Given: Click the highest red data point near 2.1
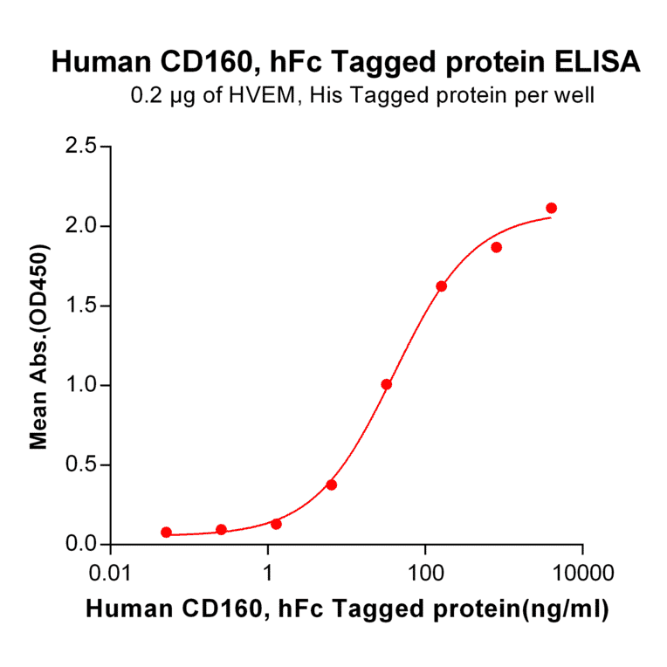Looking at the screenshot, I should point(551,208).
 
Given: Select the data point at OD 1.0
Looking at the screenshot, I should point(386,384).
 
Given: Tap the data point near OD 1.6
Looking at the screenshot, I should point(441,286).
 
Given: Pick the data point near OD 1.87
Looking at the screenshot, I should point(496,247).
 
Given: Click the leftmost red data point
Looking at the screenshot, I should point(166,532).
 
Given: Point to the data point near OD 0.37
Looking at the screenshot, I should point(331,485).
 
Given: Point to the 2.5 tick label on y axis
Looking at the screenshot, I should point(81,147).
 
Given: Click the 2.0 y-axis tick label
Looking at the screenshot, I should point(81,226).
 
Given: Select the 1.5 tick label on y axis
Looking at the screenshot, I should point(81,306).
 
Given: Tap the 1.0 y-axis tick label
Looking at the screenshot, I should point(81,385).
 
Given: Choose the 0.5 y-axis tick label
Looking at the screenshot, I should point(81,464).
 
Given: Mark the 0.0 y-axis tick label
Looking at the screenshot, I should point(81,544).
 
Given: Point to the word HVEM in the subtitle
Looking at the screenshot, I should point(266,95).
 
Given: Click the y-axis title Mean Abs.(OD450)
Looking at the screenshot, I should point(38,347).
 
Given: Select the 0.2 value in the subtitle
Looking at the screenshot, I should point(145,95).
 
